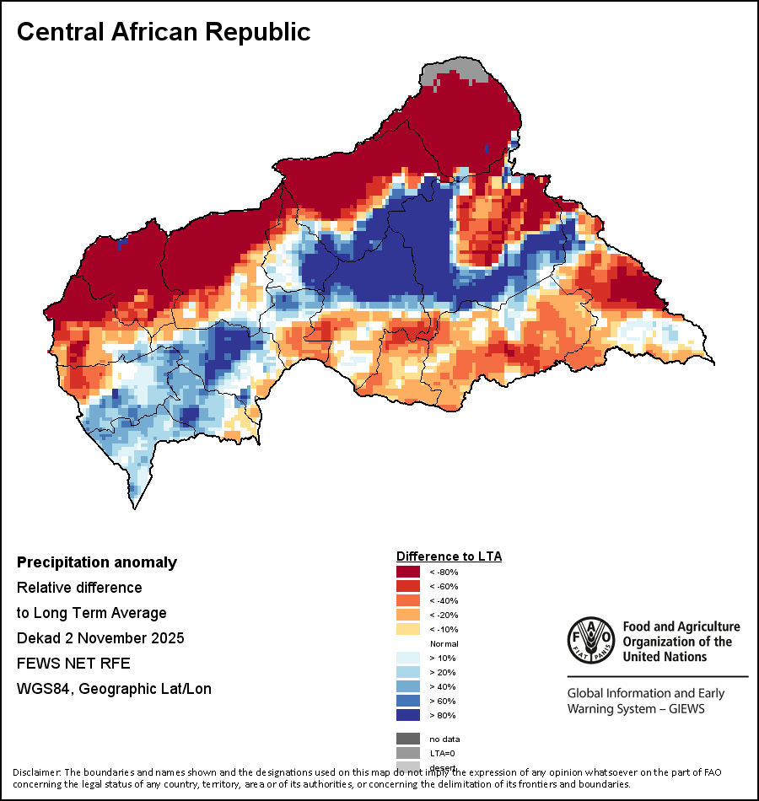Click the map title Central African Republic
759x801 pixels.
164,32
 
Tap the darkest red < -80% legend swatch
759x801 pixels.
408,573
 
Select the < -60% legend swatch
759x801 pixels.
408,587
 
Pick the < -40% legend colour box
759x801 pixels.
408,601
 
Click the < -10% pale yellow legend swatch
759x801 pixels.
408,630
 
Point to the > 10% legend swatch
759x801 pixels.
408,658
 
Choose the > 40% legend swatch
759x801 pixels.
408,686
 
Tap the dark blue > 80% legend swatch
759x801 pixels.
408,715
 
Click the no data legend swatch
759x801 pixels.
408,739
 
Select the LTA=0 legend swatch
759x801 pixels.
408,753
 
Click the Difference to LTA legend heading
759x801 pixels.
449,556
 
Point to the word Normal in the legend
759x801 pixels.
444,643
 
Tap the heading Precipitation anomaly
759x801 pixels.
97,562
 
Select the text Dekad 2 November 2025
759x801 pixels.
100,638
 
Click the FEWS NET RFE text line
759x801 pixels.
73,664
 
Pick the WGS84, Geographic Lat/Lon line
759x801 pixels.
114,689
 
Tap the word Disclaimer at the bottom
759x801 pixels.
35,772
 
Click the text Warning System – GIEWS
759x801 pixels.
636,708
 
